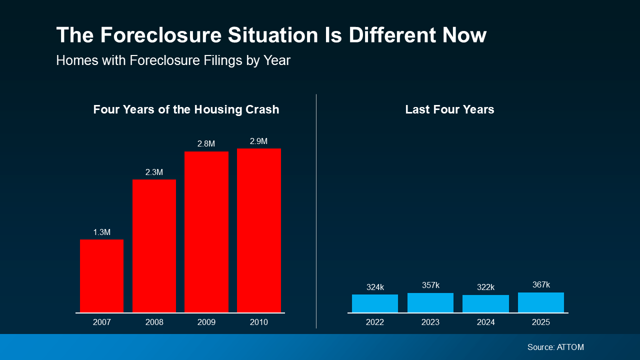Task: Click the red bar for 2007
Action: coord(101,276)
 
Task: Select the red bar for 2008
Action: coord(154,246)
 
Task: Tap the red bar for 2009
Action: coord(206,232)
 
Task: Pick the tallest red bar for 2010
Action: coord(258,230)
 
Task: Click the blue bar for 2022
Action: coord(375,303)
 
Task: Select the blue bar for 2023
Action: coord(430,303)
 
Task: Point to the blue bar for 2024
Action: coord(485,304)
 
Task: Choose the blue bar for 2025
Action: coord(540,302)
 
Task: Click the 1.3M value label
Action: coord(101,232)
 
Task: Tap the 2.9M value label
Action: coord(258,141)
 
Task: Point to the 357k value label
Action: coord(430,285)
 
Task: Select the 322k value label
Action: coord(485,287)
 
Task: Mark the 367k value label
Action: coord(540,285)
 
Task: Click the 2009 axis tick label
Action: coord(206,322)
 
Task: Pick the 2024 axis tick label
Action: coord(485,322)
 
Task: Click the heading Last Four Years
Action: coord(449,109)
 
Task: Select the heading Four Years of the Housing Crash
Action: coord(186,109)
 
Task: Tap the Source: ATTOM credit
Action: coord(555,347)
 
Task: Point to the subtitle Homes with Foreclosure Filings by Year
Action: coord(173,60)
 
